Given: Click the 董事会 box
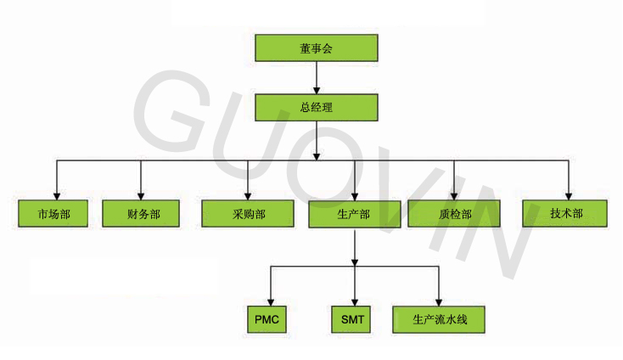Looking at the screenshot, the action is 317,48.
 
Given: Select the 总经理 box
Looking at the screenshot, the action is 317,107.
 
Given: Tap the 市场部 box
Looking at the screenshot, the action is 53,214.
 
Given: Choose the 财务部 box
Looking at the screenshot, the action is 141,214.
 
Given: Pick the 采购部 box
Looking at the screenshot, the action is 248,214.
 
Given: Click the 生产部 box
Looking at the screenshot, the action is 355,214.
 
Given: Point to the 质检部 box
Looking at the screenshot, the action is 454,214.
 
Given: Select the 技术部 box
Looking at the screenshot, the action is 565,214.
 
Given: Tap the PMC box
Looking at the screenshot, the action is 267,319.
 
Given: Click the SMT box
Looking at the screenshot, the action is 351,319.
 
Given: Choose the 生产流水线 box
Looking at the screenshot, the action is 439,319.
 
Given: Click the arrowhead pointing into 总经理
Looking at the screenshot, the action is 317,90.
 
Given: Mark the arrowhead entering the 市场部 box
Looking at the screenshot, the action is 57,196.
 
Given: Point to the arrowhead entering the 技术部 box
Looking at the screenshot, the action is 569,196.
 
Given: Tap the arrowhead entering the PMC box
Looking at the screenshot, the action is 271,302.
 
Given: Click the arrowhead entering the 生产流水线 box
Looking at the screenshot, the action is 439,302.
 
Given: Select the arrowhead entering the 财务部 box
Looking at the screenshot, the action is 141,196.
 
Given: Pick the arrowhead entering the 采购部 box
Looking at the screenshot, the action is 248,196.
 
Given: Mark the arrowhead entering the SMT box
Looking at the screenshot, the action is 355,302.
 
